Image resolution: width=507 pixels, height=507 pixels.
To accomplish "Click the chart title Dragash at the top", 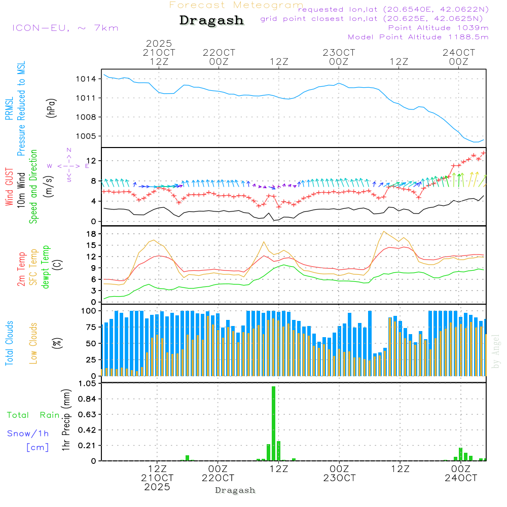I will pyautogui.click(x=211, y=21).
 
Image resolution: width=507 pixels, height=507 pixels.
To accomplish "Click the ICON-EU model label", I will pyautogui.click(x=65, y=28).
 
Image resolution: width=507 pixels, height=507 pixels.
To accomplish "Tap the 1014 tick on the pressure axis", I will pyautogui.click(x=87, y=79).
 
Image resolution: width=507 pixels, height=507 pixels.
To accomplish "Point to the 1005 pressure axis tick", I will pyautogui.click(x=87, y=136).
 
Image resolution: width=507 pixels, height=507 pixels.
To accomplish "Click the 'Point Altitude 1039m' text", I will pyautogui.click(x=438, y=28).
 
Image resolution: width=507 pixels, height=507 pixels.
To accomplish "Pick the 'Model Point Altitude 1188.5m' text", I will pyautogui.click(x=418, y=37).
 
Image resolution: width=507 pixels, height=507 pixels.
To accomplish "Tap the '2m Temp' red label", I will pyautogui.click(x=22, y=269).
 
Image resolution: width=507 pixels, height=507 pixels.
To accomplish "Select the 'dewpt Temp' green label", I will pyautogui.click(x=46, y=267).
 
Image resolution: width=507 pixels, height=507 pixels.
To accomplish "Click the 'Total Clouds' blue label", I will pyautogui.click(x=10, y=343).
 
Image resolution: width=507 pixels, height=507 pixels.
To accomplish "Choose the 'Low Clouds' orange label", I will pyautogui.click(x=34, y=343).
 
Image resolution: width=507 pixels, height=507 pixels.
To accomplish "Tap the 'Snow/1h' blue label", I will pyautogui.click(x=28, y=433).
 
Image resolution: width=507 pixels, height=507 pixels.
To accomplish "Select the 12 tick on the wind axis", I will pyautogui.click(x=92, y=161).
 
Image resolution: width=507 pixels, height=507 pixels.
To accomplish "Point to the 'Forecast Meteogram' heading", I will pyautogui.click(x=236, y=5).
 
